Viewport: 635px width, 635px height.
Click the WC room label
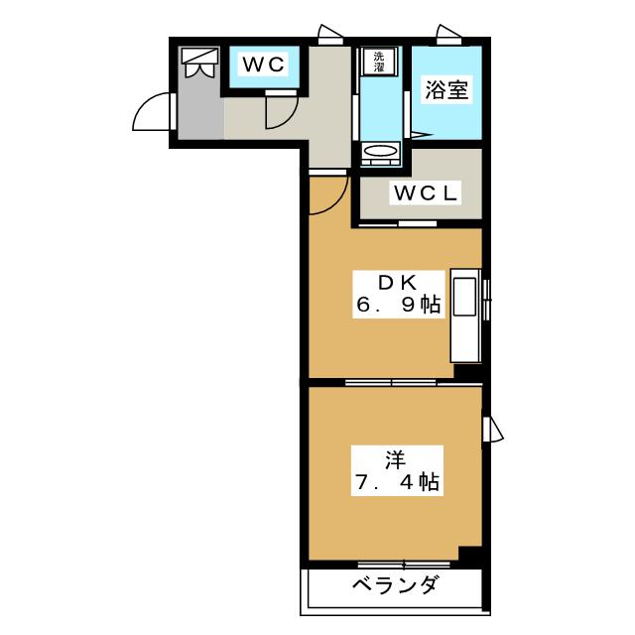264,64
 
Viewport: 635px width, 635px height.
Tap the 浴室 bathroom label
446,90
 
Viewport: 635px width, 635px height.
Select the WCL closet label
426,193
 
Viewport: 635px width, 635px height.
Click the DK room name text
397,283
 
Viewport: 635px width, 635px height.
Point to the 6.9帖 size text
398,305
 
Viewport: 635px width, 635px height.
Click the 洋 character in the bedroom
395,460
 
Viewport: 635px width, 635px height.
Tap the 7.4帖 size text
397,482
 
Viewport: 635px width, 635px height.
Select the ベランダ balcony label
395,585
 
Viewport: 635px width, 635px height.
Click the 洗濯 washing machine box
379,62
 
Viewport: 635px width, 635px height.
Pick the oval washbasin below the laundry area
380,151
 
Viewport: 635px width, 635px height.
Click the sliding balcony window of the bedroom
404,565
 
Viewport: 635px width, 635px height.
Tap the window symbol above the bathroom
448,35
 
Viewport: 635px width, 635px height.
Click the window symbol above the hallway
330,35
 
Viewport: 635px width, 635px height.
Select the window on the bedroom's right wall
492,430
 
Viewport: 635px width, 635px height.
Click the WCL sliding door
398,224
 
